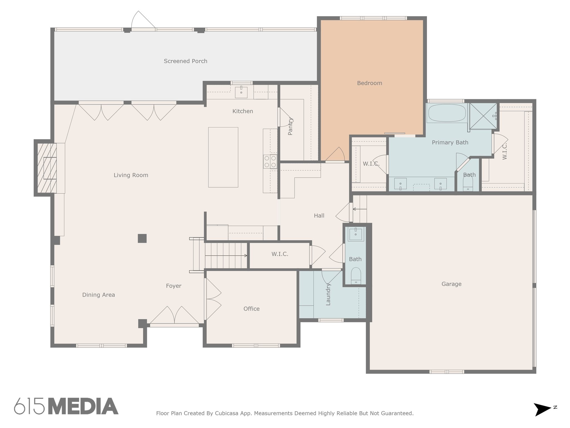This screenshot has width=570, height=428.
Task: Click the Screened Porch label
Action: pos(185,61)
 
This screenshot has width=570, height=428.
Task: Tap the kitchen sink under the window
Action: pos(241,92)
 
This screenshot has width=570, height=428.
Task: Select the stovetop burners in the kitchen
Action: pos(270,162)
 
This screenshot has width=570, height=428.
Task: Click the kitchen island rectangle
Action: pos(223,157)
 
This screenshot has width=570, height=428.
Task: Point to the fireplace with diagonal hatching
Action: pos(47,168)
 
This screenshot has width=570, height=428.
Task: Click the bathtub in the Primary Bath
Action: pos(447,113)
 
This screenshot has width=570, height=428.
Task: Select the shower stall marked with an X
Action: pos(483,116)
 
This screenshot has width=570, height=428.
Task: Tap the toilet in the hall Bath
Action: pos(356,276)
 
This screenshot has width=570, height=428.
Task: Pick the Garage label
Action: pos(451,284)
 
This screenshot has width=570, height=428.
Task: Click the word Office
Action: pos(251,308)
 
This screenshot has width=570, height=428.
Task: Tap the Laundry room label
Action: pos(328,294)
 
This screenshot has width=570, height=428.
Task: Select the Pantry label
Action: pos(290,127)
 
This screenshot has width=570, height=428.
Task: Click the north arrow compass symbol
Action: pos(543,409)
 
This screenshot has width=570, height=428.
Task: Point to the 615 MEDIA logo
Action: pos(66,406)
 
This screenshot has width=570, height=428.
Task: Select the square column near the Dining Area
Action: pos(142,238)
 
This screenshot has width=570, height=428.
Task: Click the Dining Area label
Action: pos(99,295)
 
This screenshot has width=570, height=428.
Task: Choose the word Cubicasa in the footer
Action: pos(226,413)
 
